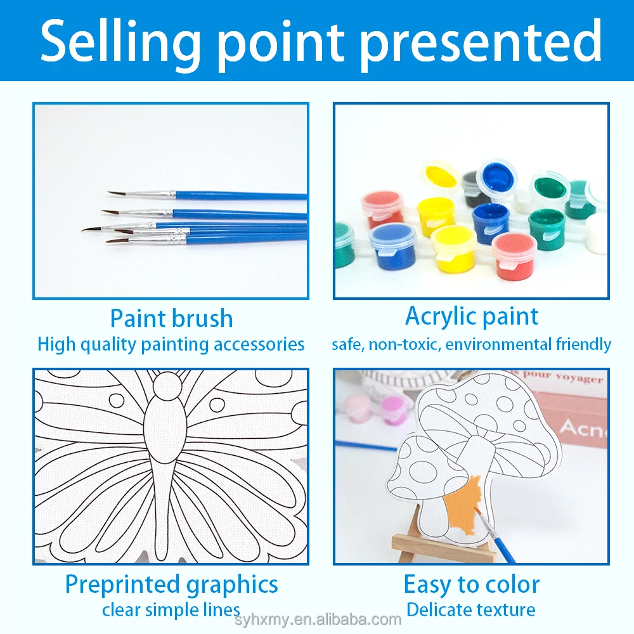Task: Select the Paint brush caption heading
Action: pyautogui.click(x=171, y=318)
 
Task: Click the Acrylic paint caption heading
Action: pyautogui.click(x=472, y=316)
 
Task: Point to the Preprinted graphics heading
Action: pyautogui.click(x=171, y=584)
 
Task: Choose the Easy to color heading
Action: pyautogui.click(x=472, y=584)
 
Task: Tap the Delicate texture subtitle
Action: pyautogui.click(x=471, y=610)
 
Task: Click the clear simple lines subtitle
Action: pyautogui.click(x=171, y=610)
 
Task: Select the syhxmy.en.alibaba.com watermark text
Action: pyautogui.click(x=317, y=619)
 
